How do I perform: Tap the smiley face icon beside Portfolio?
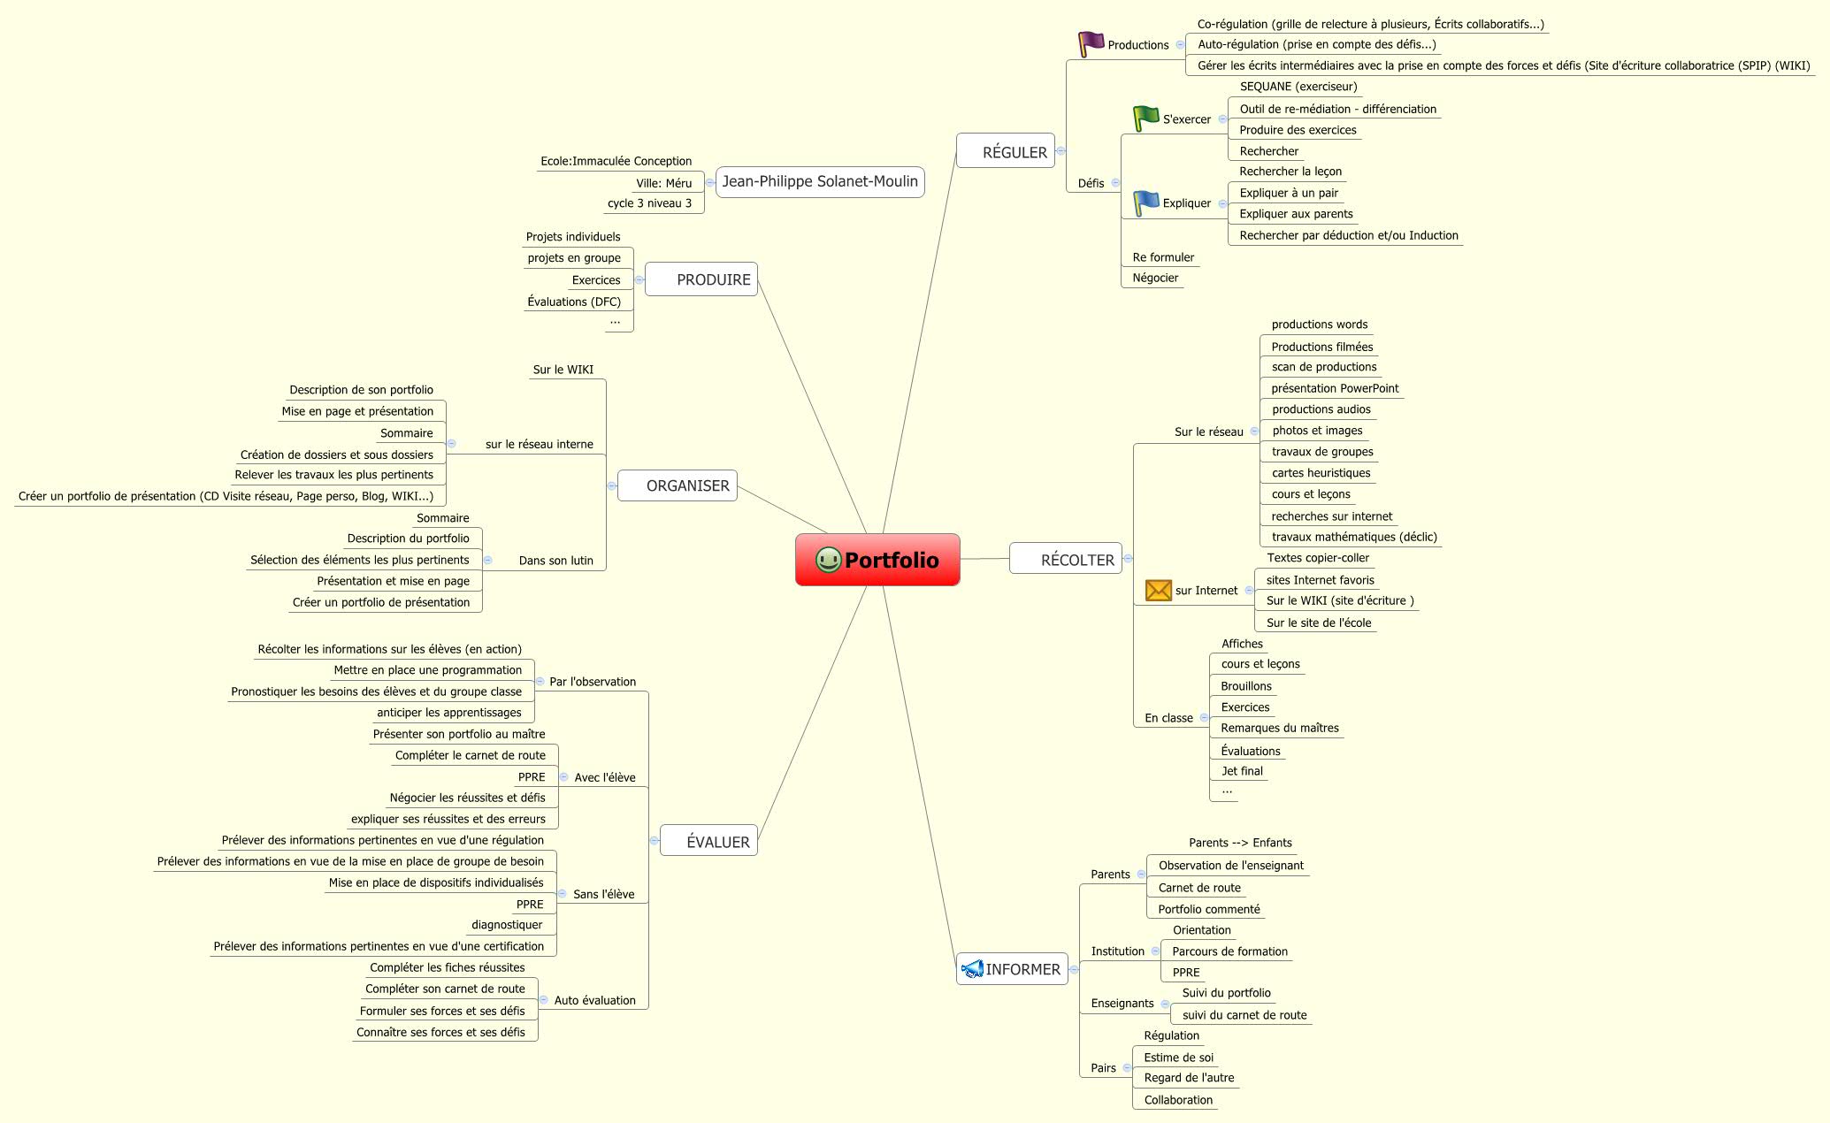coord(828,560)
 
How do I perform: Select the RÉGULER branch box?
coord(1006,152)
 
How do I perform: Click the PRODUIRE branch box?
coord(701,279)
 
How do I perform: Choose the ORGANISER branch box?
coord(678,485)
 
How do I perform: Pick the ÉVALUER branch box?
coord(708,842)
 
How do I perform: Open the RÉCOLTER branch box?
coord(1066,560)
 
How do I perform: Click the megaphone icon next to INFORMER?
coord(972,969)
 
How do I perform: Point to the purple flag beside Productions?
coord(1091,43)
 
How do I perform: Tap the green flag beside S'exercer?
coord(1146,118)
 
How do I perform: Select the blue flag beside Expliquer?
coord(1146,202)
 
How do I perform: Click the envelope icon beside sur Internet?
coord(1158,590)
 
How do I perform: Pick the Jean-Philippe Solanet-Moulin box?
coord(820,182)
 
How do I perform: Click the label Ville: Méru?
coord(663,183)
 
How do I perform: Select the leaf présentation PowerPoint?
coord(1335,388)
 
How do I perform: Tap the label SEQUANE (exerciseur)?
coord(1298,87)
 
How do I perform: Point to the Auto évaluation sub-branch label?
coord(594,1000)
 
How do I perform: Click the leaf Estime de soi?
coord(1178,1058)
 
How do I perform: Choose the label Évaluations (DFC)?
coord(574,302)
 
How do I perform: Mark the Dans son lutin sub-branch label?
coord(555,561)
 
